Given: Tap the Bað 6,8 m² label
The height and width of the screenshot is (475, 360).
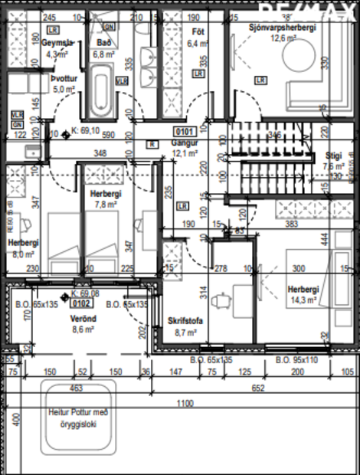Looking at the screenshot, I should click(x=103, y=49).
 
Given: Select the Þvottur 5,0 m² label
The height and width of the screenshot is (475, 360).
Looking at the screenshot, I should click(x=64, y=84).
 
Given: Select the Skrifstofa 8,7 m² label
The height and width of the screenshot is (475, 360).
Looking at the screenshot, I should click(x=185, y=327).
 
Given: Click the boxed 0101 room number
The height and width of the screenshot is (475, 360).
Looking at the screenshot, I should click(x=183, y=131).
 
